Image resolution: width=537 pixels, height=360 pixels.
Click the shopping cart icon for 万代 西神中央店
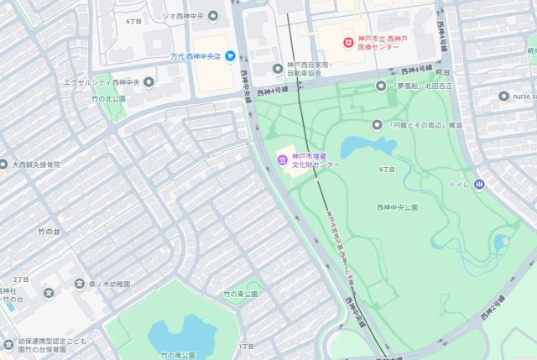point(230,56)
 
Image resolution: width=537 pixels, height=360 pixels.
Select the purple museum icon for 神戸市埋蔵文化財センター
point(282,159)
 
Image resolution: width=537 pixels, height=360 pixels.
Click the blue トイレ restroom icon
point(479,184)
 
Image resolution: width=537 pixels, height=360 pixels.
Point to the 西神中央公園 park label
point(398,206)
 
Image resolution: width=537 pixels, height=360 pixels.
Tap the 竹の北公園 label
point(111,98)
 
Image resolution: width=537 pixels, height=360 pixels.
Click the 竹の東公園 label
point(240,295)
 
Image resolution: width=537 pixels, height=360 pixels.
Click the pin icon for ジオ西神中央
point(212,16)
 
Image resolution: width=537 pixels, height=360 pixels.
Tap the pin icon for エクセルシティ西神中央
point(149,82)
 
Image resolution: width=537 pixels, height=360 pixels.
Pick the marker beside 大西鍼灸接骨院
point(3,165)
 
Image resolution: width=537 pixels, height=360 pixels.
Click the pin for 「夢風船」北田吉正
point(380,86)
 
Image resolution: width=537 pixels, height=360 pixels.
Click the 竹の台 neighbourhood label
point(50,230)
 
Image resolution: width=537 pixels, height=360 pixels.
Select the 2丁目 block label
point(21,279)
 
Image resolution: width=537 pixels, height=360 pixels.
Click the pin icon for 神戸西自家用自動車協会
point(279,68)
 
